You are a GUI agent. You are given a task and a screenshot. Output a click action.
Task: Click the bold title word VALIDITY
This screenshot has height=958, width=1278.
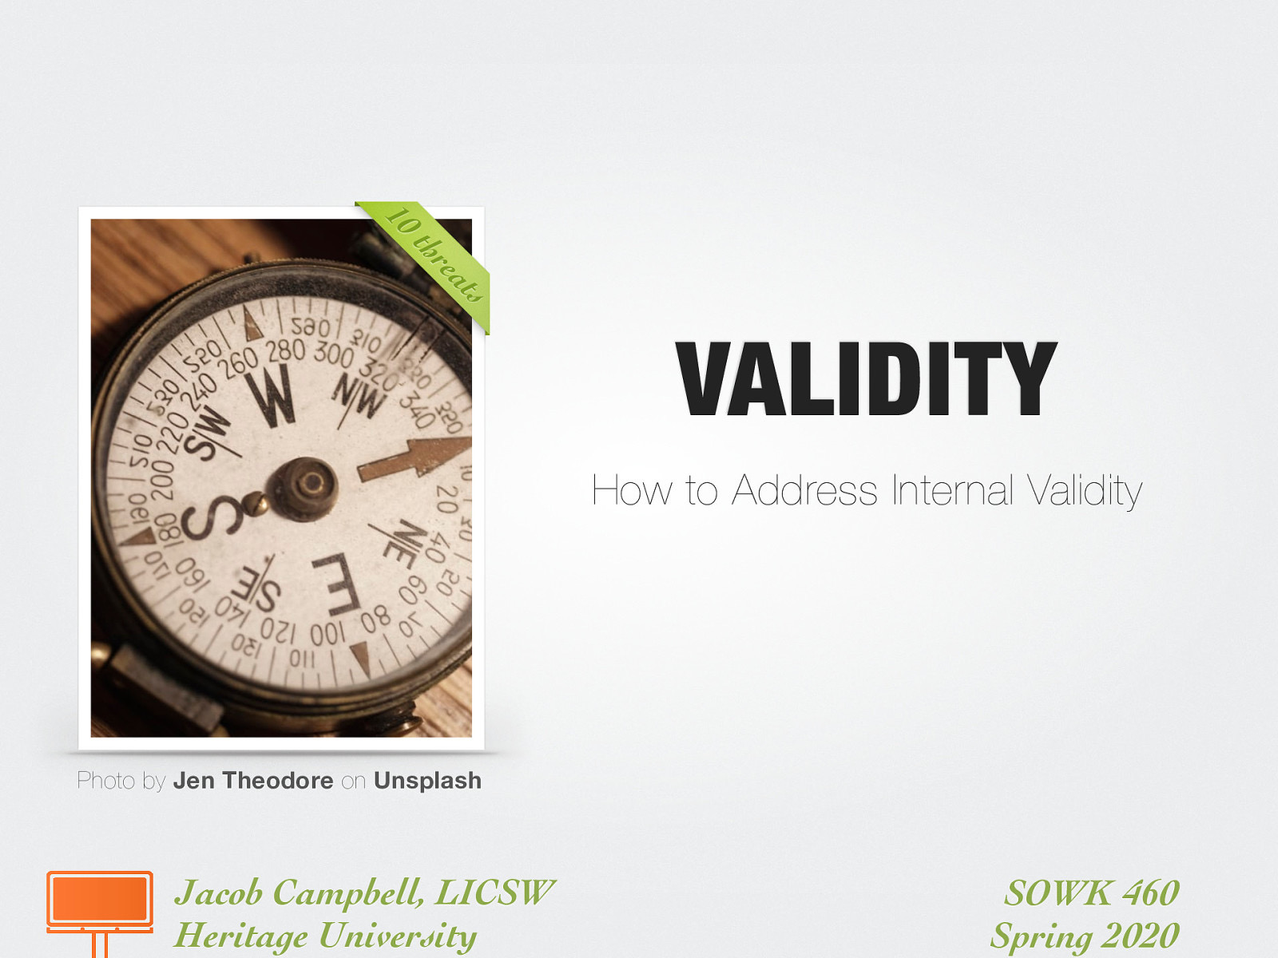pos(866,378)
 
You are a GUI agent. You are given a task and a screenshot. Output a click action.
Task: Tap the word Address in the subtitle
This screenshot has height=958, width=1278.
pos(804,489)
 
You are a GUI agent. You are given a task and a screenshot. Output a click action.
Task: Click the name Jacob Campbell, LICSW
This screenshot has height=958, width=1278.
pos(364,893)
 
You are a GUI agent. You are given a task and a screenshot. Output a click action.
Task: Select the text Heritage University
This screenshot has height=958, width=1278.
pos(325,936)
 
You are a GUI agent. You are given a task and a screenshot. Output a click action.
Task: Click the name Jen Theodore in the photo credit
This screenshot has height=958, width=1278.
pos(253,781)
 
